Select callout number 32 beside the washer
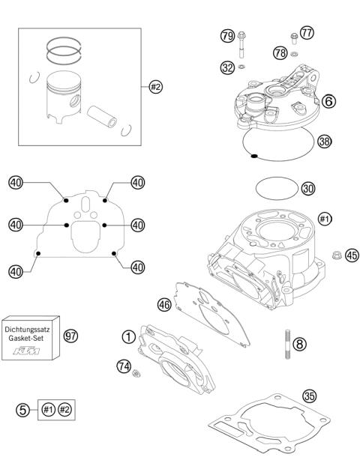(227, 67)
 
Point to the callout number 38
(324, 140)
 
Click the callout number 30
(307, 189)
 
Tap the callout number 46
(164, 304)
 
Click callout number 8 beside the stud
(300, 345)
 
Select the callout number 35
(310, 396)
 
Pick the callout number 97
(71, 334)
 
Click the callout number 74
(124, 365)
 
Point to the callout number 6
(328, 100)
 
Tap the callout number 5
(24, 410)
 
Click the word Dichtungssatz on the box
(29, 328)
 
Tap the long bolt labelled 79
(242, 47)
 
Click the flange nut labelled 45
(334, 275)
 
